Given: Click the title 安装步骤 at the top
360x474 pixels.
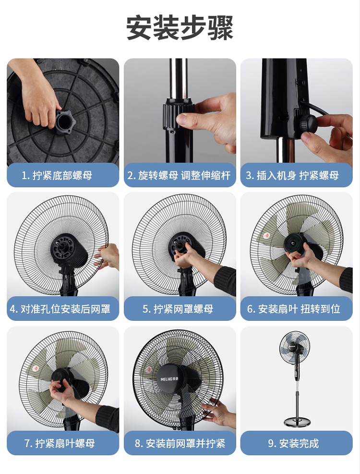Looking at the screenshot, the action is coord(180,27).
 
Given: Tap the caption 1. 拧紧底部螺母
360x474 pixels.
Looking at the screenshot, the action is coord(57,175).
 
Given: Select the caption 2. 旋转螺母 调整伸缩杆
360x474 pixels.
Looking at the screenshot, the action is coord(179,175).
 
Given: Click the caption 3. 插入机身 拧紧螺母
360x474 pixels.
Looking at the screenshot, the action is coord(292,175).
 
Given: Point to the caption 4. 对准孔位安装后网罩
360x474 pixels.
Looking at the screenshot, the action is coord(60,309).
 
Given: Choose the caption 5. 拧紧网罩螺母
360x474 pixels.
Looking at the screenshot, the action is coord(178,309).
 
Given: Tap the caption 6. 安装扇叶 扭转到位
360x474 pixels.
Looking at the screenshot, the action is coord(294,309).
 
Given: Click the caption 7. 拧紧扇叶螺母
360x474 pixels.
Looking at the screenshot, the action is coord(60,443).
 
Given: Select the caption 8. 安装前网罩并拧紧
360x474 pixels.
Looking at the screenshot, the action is coord(180,443).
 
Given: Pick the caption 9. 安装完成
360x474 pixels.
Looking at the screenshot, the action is coord(293,443).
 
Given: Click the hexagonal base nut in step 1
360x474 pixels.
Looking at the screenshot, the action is coord(65,122).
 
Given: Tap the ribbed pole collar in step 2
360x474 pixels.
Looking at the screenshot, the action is coord(178,116).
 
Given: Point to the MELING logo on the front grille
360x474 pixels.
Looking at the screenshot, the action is coord(169,378).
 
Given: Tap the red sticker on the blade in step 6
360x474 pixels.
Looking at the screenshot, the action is coord(266,235).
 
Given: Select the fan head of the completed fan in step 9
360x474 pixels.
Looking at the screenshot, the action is coord(295,348).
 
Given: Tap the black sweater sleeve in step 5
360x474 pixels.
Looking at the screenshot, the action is coord(225,280).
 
